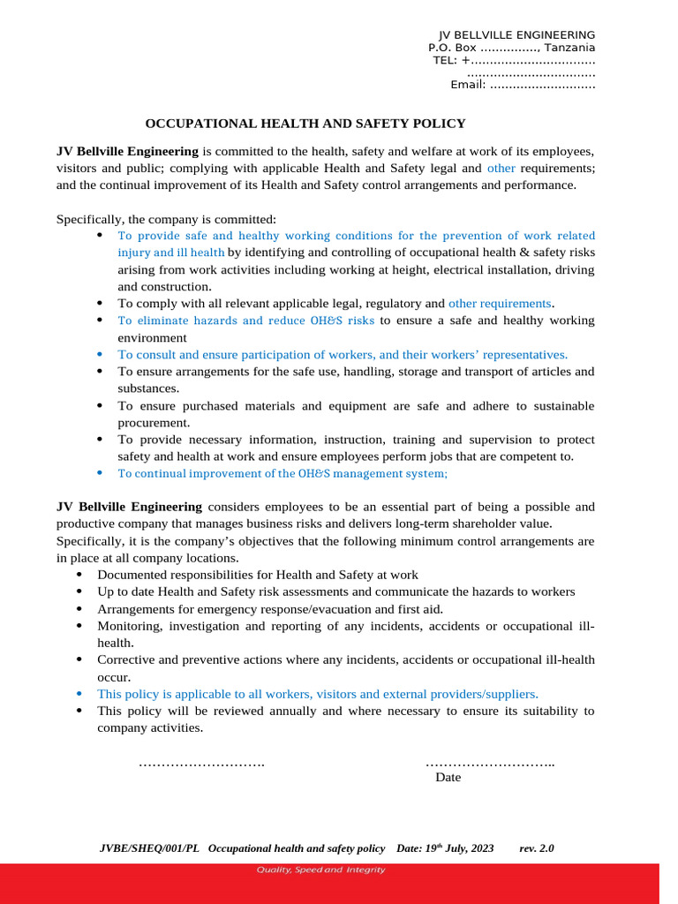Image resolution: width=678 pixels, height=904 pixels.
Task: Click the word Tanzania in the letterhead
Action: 569,48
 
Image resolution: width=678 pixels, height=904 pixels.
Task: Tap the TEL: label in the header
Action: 444,60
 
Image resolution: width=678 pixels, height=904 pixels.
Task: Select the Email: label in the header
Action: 468,85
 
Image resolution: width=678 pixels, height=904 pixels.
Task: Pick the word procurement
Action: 154,423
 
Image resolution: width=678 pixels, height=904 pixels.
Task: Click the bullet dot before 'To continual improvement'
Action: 99,473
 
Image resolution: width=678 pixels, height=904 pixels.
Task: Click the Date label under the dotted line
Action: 448,778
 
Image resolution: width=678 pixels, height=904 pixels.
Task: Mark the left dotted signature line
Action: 201,762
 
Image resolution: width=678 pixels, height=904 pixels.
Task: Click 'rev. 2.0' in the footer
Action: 537,848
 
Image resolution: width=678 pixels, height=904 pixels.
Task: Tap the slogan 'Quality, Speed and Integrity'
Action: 320,870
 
